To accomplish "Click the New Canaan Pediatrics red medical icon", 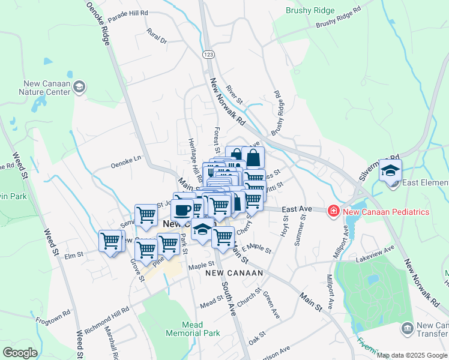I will tap(333, 211).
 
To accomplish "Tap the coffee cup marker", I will tap(182, 209).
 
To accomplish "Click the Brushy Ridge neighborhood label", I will tap(310, 10).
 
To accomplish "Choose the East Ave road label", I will tap(297, 209).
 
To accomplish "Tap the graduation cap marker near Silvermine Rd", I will tap(390, 171).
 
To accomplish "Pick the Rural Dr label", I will tap(157, 36).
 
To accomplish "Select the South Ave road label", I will tap(228, 294).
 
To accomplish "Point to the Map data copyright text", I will tap(412, 355).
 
